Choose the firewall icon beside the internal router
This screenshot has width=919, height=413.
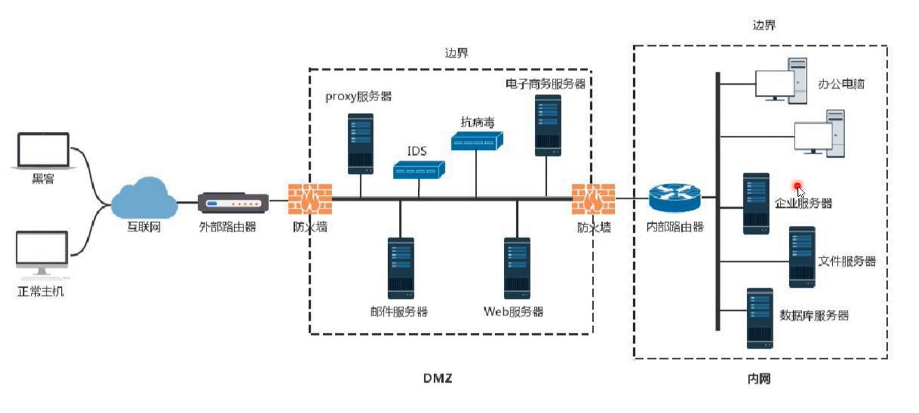point(593,199)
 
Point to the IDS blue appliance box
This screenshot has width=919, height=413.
point(419,170)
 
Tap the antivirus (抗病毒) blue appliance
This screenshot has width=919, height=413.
point(477,141)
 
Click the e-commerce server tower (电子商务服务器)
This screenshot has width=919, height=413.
point(548,126)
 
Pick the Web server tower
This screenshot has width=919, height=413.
point(517,268)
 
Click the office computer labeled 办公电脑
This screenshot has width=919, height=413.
point(781,79)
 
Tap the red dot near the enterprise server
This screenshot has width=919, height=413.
point(798,186)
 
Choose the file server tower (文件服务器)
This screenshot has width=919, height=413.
point(802,257)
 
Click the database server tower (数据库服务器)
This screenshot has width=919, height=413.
point(759,317)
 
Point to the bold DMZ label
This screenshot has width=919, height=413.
point(438,378)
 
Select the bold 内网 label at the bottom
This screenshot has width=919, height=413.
point(759,379)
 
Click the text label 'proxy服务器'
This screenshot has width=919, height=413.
point(359,96)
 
